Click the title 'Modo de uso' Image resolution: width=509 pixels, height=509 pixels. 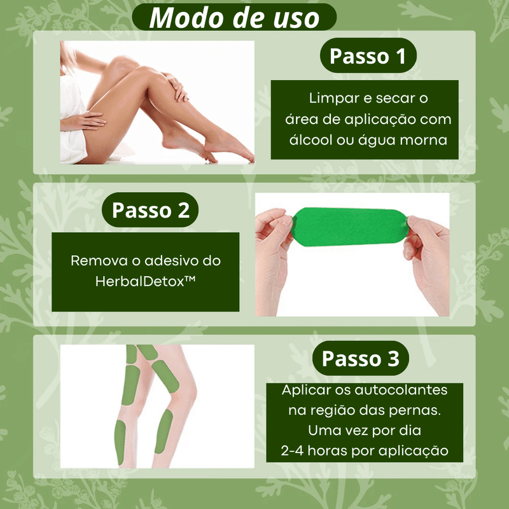pyautogui.click(x=234, y=18)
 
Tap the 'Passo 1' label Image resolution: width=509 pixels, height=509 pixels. pyautogui.click(x=368, y=56)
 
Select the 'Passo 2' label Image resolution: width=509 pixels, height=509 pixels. pyautogui.click(x=150, y=210)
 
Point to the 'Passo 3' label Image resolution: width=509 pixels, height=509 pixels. pyautogui.click(x=360, y=358)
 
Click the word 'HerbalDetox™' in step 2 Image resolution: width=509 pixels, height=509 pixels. pyautogui.click(x=146, y=281)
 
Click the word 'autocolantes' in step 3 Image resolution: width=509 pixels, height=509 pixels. pyautogui.click(x=401, y=390)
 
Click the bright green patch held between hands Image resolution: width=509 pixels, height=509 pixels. pyautogui.click(x=349, y=227)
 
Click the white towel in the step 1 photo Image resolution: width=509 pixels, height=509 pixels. pyautogui.click(x=72, y=123)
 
